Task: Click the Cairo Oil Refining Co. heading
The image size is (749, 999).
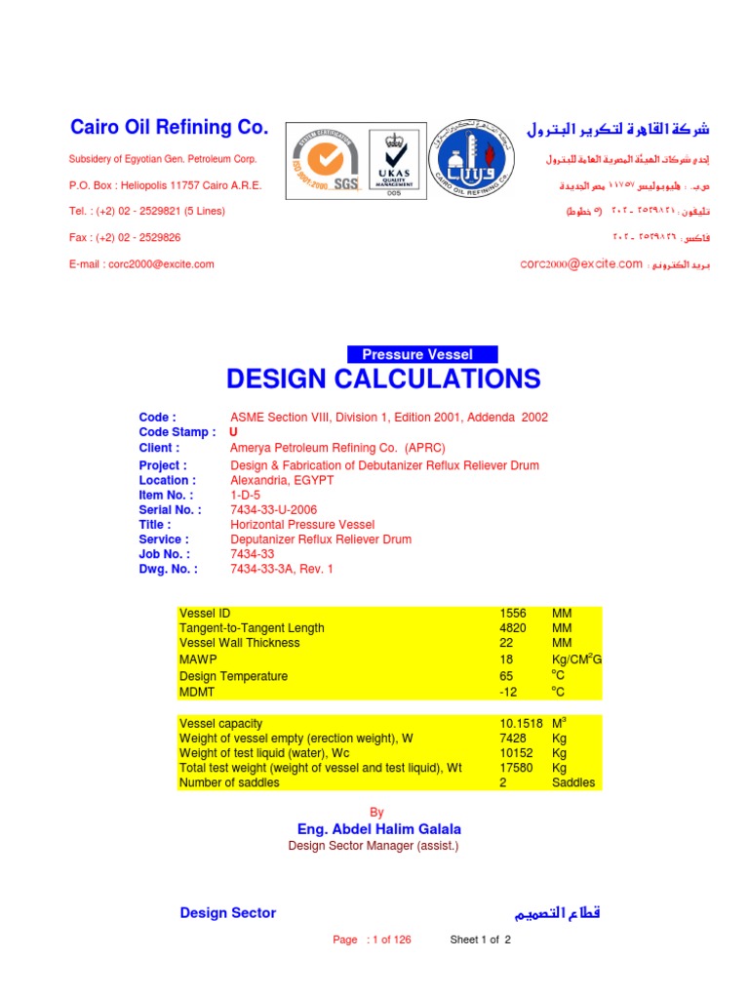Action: pyautogui.click(x=168, y=128)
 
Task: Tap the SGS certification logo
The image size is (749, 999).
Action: pyautogui.click(x=323, y=163)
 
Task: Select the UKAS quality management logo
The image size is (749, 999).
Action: pyautogui.click(x=395, y=163)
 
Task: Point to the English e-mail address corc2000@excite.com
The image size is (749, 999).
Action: pyautogui.click(x=141, y=263)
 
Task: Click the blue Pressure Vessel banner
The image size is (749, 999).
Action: pyautogui.click(x=423, y=355)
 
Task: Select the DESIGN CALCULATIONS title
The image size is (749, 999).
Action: pyautogui.click(x=382, y=380)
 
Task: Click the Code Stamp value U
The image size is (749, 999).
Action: pyautogui.click(x=233, y=432)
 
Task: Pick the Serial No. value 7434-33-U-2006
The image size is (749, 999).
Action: pyautogui.click(x=273, y=510)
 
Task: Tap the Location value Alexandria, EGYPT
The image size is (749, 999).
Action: pyautogui.click(x=282, y=481)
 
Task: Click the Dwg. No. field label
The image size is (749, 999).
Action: pyautogui.click(x=168, y=569)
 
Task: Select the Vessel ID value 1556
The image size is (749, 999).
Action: pyautogui.click(x=512, y=614)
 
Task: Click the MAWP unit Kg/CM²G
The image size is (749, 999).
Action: pyautogui.click(x=576, y=660)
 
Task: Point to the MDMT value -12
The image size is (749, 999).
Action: pyautogui.click(x=508, y=692)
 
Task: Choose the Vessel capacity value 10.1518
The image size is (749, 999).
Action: pyautogui.click(x=520, y=723)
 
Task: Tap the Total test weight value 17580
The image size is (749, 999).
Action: pyautogui.click(x=515, y=768)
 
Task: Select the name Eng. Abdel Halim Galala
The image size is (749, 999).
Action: pyautogui.click(x=379, y=829)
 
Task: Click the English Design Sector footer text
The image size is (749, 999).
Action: pyautogui.click(x=228, y=913)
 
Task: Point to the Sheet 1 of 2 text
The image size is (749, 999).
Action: pyautogui.click(x=480, y=940)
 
